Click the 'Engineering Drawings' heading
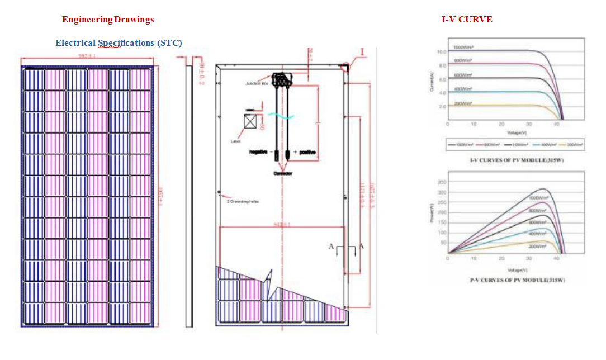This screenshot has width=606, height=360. click(x=108, y=20)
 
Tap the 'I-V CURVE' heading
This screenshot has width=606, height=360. click(x=467, y=20)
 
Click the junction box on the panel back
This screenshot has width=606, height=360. click(x=282, y=79)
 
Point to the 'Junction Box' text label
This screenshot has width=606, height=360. click(x=257, y=83)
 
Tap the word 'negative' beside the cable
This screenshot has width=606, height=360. click(x=259, y=152)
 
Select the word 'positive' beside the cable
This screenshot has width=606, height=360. click(x=307, y=152)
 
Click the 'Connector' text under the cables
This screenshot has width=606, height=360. click(x=283, y=174)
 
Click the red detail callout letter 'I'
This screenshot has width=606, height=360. click(x=362, y=52)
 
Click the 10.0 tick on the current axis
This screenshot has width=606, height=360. click(x=442, y=52)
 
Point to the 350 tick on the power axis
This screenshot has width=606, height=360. click(x=442, y=182)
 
